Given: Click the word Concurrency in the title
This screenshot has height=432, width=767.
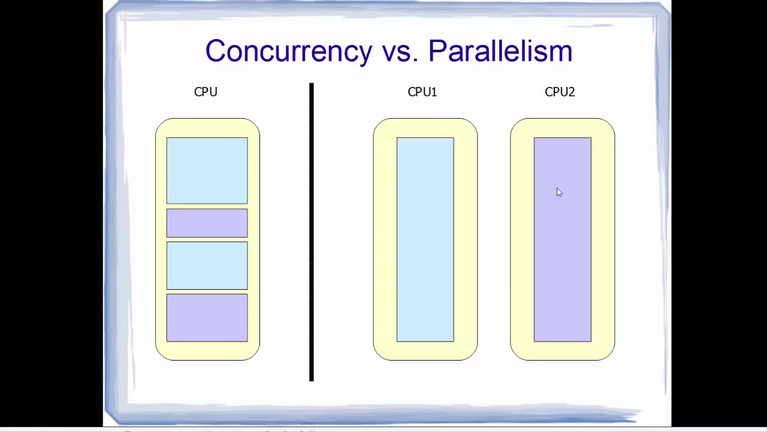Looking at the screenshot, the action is (289, 52).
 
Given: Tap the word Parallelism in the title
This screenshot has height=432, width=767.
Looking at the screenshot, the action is (500, 51).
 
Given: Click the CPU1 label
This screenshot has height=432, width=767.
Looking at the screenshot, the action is (422, 92).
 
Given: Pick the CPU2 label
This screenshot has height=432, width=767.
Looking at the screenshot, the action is (560, 92).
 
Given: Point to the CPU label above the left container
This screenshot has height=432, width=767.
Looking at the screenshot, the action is (206, 92).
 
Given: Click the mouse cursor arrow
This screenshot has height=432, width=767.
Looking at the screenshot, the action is (559, 193).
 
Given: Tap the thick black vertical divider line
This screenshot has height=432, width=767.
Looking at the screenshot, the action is (311, 232).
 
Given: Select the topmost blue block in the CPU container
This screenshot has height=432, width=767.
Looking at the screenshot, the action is (207, 171).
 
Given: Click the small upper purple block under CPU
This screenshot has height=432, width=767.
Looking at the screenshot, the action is (207, 223).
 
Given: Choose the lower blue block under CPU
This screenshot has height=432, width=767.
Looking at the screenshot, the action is (207, 266).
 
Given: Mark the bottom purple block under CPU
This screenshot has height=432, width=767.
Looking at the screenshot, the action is (207, 318).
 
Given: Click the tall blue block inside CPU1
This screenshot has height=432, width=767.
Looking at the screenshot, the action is (425, 239).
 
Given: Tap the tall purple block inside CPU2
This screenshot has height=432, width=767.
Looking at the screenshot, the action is (563, 239).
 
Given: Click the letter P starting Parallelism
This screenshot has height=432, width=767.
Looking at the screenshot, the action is (437, 51).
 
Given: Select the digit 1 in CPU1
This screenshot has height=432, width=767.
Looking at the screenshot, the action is (434, 92).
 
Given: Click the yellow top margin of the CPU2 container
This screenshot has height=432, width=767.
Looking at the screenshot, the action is (563, 128).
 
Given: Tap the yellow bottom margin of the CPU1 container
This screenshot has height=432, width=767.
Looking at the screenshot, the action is (425, 351).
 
